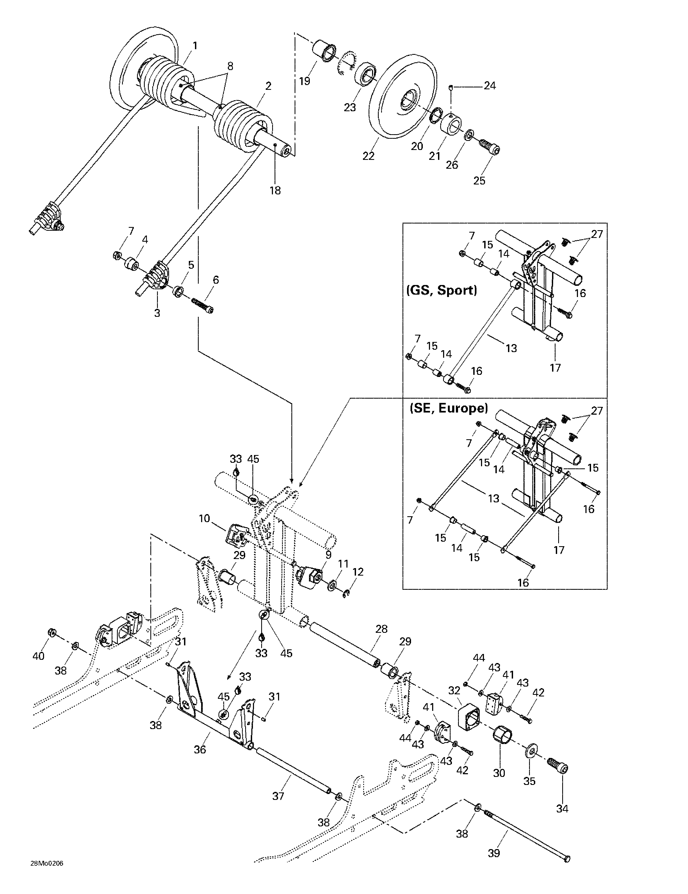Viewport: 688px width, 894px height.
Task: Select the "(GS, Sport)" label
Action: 441,290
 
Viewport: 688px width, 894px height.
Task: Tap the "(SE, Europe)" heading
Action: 449,408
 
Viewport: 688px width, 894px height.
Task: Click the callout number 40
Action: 38,656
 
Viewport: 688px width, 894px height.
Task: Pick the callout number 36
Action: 200,749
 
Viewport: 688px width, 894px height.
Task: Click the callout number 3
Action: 157,313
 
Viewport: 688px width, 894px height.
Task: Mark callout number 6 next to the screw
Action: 216,280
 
